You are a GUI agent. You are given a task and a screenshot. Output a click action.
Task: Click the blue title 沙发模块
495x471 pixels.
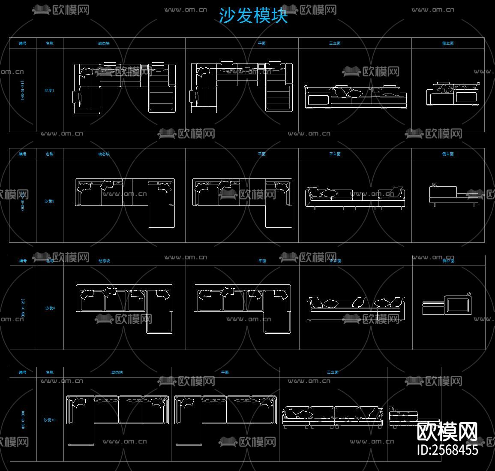coord(253,16)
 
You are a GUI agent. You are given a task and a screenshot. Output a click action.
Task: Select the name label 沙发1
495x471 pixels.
coord(50,91)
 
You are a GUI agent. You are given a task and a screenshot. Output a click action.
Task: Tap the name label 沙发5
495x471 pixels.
coord(50,201)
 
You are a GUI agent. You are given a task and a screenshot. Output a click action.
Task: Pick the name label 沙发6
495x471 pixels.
coord(50,308)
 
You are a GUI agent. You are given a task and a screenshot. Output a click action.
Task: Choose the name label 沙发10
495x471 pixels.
coord(50,420)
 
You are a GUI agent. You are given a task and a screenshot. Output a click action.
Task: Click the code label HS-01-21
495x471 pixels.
coord(23,91)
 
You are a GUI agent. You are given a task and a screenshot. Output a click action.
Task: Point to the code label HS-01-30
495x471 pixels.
coord(23,420)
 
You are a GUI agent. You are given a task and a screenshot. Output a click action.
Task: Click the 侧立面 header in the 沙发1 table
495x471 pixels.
coord(448,43)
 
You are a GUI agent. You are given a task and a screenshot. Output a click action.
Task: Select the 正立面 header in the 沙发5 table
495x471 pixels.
coord(335,154)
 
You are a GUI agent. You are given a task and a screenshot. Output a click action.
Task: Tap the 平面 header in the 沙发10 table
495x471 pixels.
coord(225,372)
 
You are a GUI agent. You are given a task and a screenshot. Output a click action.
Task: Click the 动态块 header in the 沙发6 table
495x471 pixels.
coord(104,261)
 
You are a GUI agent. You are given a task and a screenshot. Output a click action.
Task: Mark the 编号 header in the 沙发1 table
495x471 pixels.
coord(23,43)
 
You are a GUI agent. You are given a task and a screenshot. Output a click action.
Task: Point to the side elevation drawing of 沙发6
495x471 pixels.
coord(447,304)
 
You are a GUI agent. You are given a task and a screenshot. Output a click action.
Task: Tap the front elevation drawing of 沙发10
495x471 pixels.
coord(333,416)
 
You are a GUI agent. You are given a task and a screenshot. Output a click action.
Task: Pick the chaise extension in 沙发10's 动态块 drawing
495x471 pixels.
coord(81,429)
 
